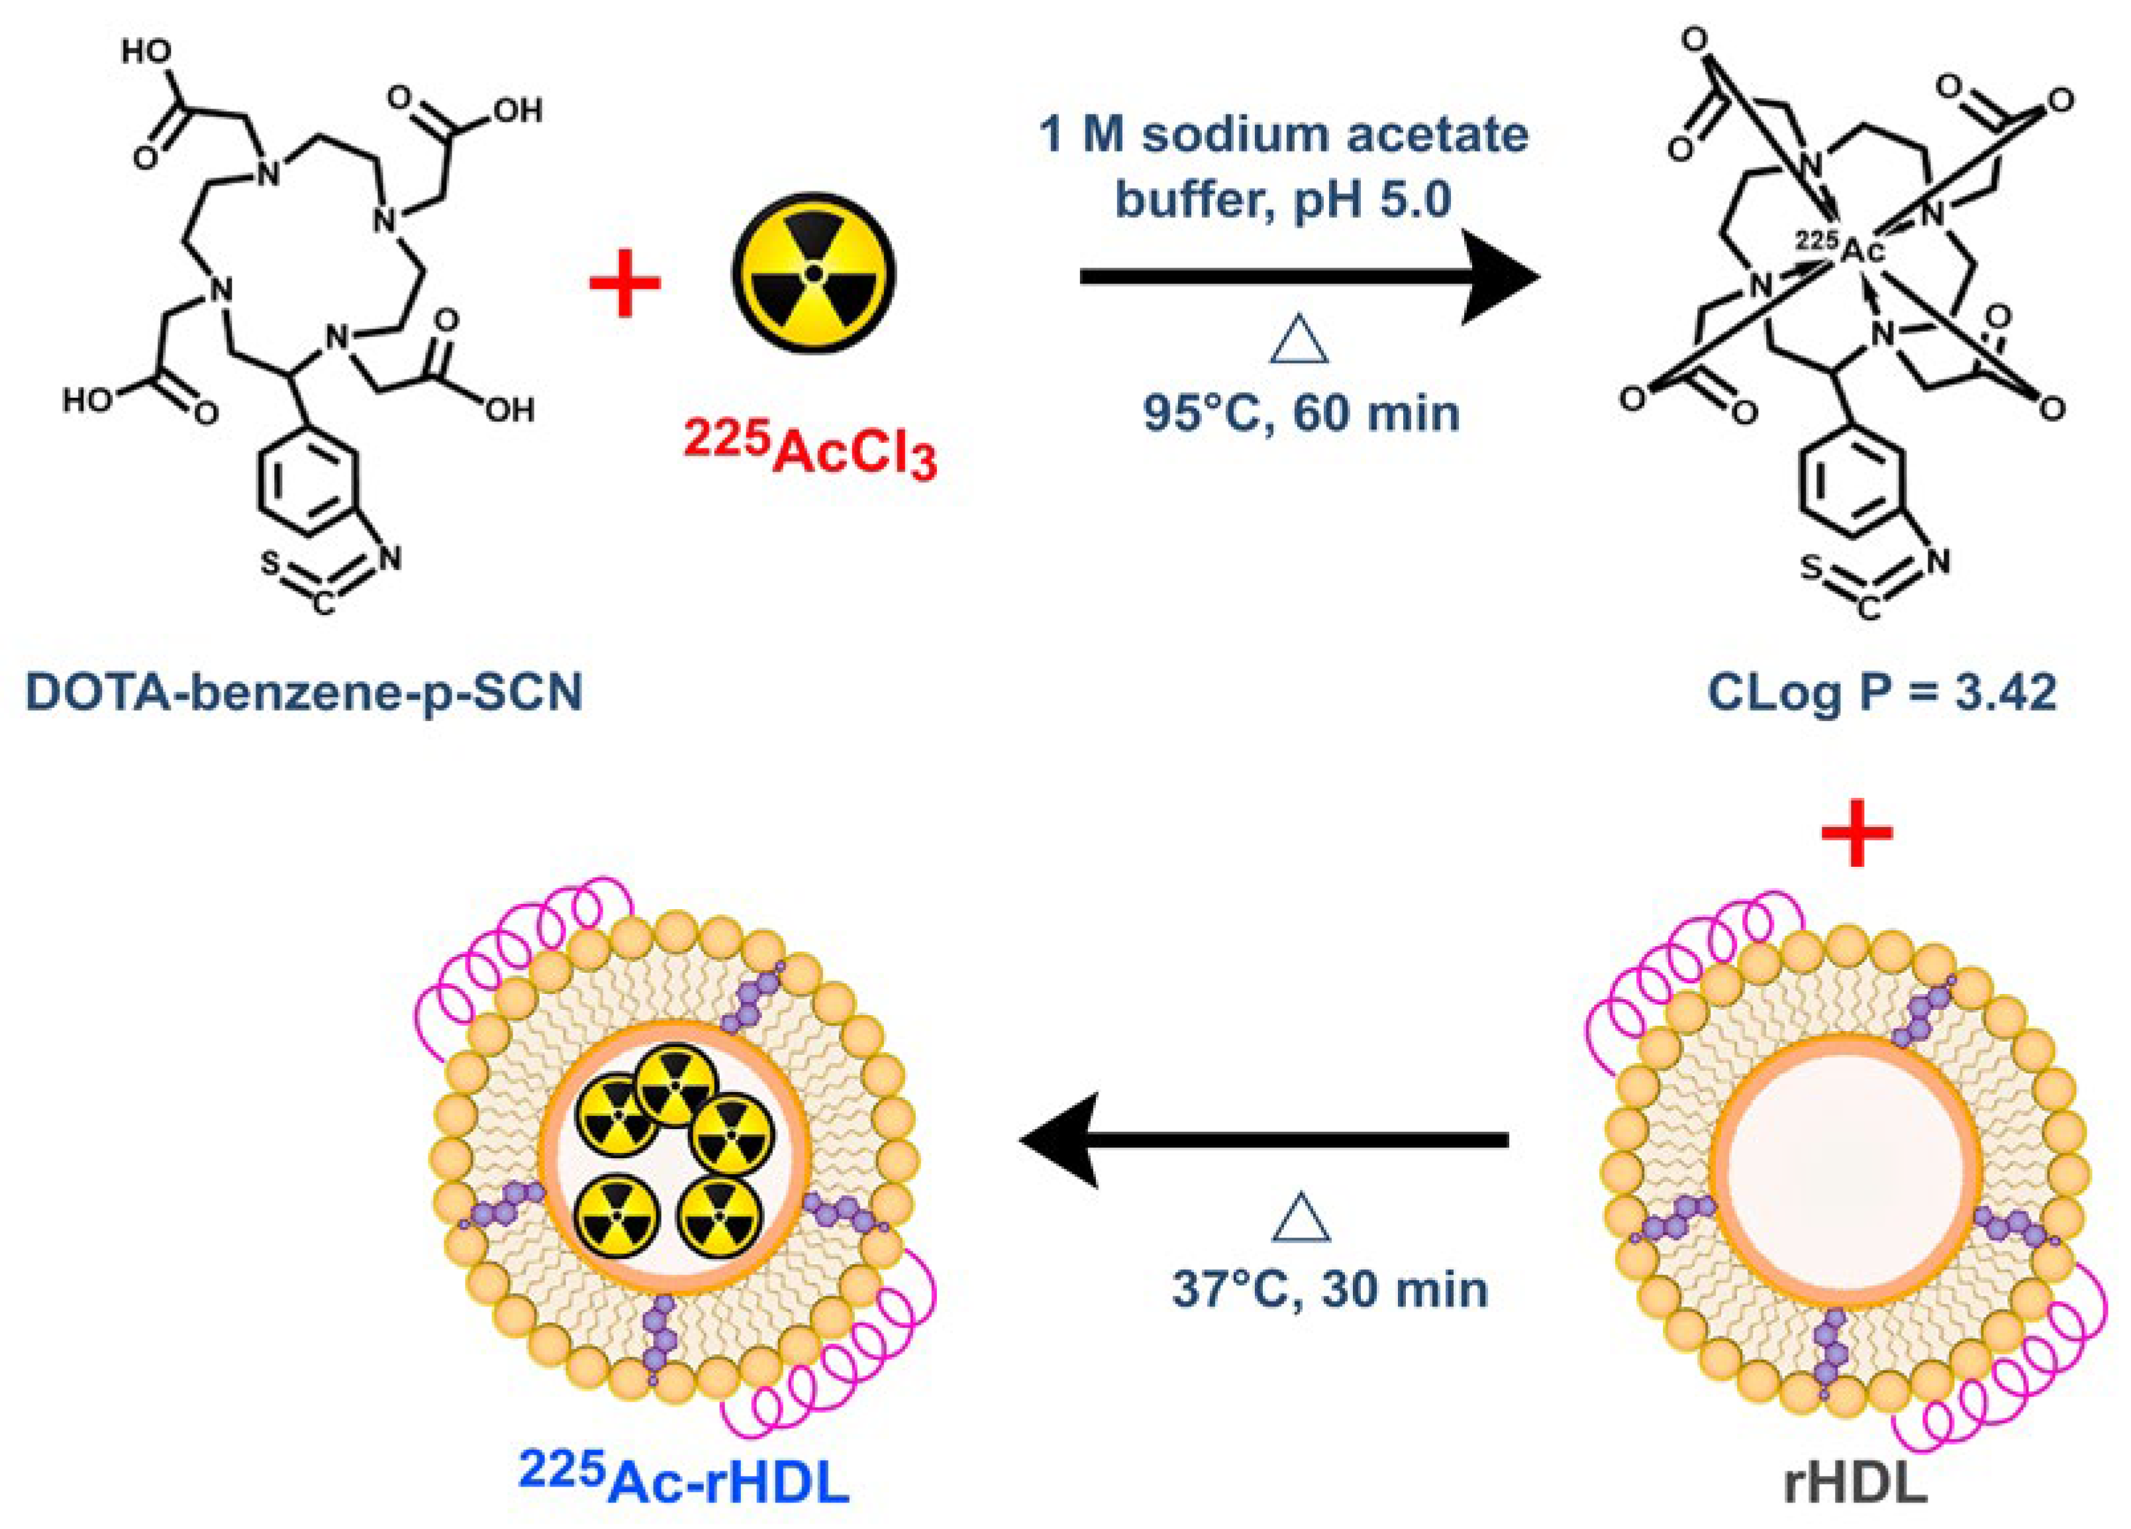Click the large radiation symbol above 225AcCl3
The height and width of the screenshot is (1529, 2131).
click(x=814, y=273)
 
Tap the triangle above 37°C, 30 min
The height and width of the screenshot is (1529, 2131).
click(x=1301, y=1219)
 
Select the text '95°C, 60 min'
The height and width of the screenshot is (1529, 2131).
click(x=1301, y=413)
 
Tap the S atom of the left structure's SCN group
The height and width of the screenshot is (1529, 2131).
click(x=270, y=565)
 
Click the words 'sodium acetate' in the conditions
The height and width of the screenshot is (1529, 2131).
click(x=1334, y=136)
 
